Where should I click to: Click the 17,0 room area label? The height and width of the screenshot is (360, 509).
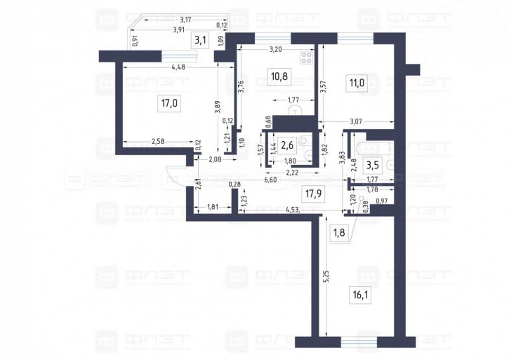[168, 104]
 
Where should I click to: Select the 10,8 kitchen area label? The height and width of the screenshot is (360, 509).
[279, 72]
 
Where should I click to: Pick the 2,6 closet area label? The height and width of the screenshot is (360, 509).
[287, 145]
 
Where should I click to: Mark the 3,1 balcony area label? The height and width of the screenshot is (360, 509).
[200, 40]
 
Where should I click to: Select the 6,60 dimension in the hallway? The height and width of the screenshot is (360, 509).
[272, 180]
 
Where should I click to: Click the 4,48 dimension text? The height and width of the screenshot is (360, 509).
[178, 67]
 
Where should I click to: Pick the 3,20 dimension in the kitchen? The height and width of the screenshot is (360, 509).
[276, 50]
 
